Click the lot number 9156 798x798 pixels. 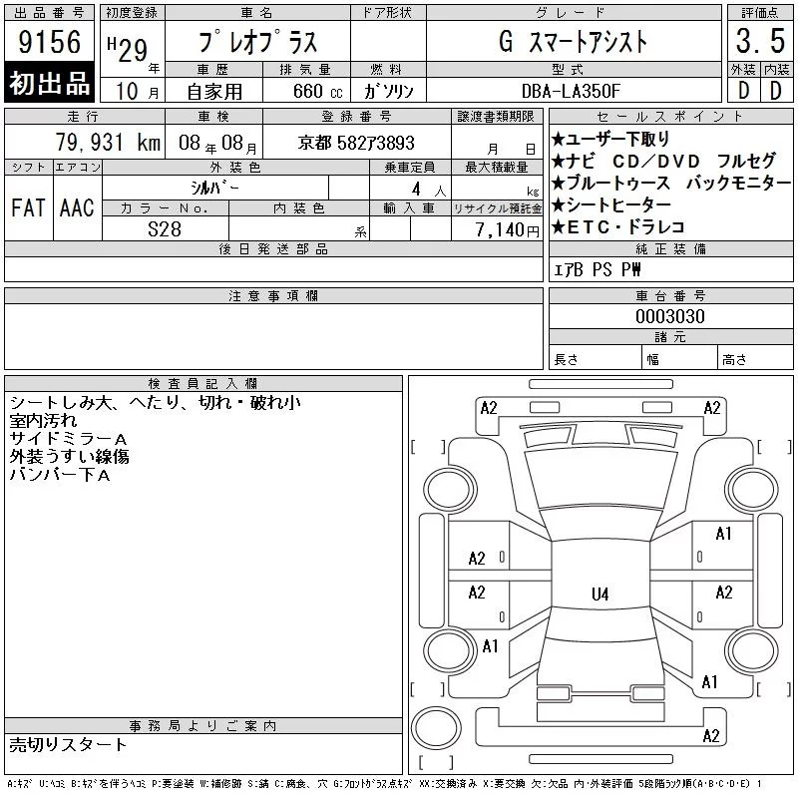(x=49, y=42)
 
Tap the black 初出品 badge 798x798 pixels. (x=49, y=83)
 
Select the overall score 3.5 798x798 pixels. (x=760, y=41)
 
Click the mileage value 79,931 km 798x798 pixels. (x=108, y=143)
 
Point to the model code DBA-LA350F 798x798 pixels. (x=571, y=91)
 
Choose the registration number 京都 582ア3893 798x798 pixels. (x=356, y=143)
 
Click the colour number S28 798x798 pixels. (x=165, y=229)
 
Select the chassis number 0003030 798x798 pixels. (x=670, y=316)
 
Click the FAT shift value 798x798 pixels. (x=29, y=207)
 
